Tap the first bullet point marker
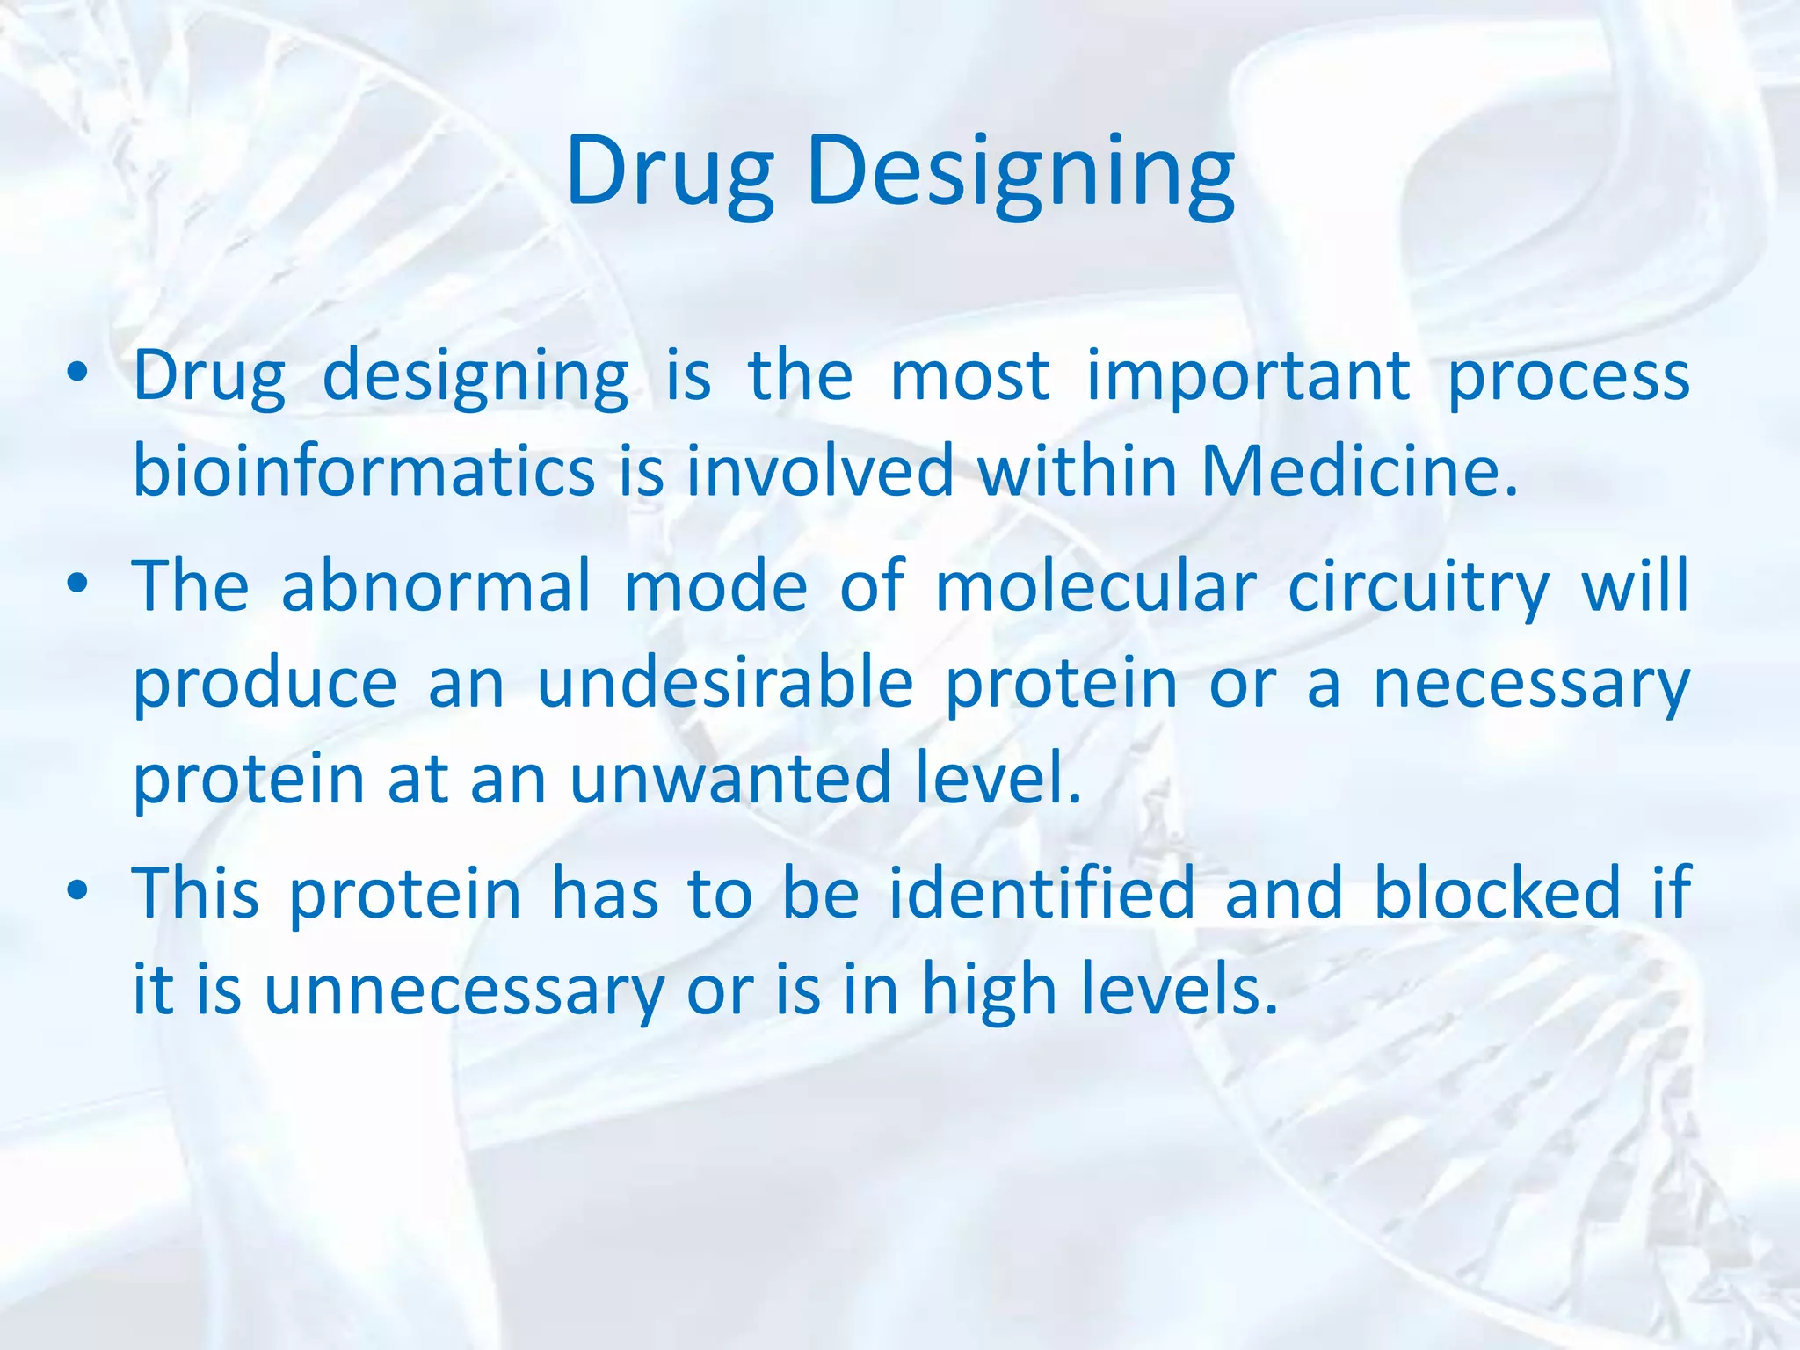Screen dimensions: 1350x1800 pyautogui.click(x=77, y=374)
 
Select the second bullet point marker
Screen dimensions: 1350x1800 pyautogui.click(x=77, y=584)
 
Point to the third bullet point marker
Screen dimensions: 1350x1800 pyautogui.click(x=77, y=891)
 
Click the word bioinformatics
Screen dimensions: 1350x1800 pyautogui.click(x=363, y=470)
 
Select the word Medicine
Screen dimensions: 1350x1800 pyautogui.click(x=1359, y=470)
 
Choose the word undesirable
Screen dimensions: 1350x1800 pyautogui.click(x=725, y=684)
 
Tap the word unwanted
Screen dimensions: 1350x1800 pyautogui.click(x=730, y=780)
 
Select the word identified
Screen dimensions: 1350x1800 pyautogui.click(x=1042, y=893)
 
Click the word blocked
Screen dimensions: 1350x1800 pyautogui.click(x=1497, y=893)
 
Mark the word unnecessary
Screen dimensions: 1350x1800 pyautogui.click(x=464, y=991)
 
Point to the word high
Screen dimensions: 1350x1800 pyautogui.click(x=988, y=991)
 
